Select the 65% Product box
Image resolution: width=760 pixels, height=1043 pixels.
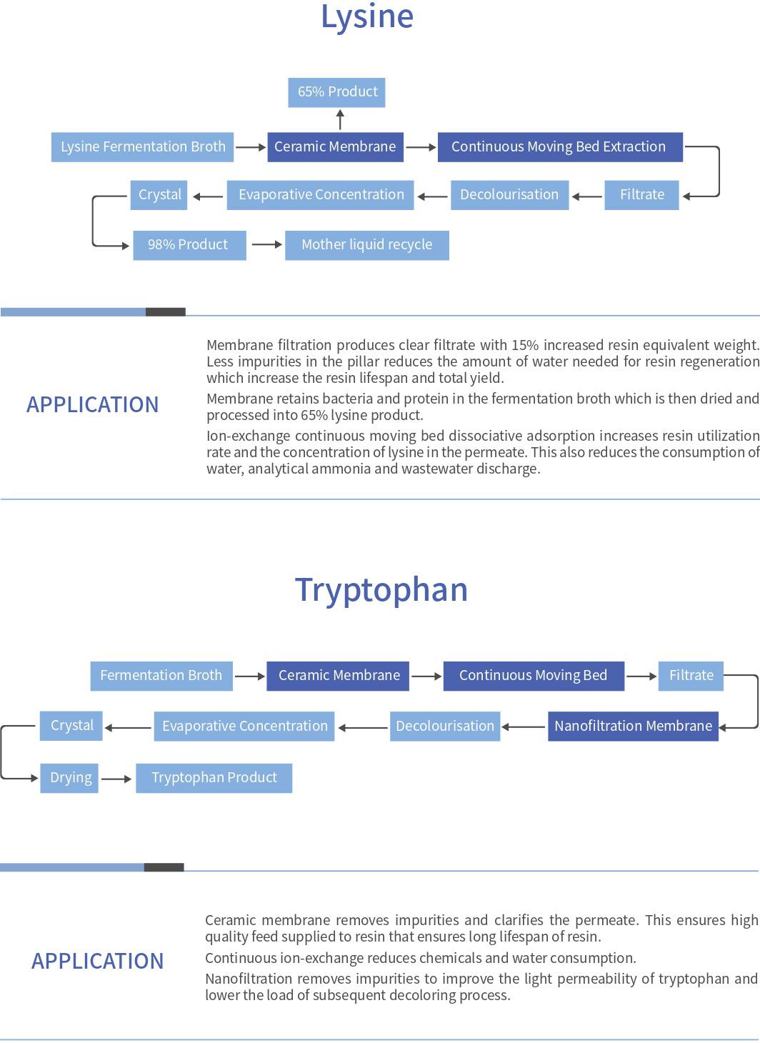(x=336, y=92)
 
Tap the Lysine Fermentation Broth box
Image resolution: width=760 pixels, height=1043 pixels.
(x=143, y=147)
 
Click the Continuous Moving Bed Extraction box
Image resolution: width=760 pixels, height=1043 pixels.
(x=560, y=147)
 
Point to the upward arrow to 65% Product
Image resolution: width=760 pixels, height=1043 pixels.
(x=341, y=119)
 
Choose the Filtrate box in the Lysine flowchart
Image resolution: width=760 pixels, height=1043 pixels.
(x=641, y=195)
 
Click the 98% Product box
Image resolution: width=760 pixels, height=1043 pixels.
(x=189, y=245)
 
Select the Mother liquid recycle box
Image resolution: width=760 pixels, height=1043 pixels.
(x=367, y=245)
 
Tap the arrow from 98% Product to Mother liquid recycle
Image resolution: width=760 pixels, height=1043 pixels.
(x=267, y=244)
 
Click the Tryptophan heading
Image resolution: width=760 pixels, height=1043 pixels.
(x=381, y=591)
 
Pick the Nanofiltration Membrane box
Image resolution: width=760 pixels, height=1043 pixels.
(x=634, y=727)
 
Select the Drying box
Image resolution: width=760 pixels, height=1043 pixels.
(x=69, y=778)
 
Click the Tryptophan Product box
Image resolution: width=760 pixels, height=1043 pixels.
(x=214, y=778)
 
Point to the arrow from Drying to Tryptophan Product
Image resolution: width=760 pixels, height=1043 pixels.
(x=116, y=779)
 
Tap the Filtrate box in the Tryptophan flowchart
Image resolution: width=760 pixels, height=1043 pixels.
(x=691, y=676)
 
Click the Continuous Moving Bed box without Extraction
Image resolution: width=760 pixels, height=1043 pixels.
(x=534, y=676)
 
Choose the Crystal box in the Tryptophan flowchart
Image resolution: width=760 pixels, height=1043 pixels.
(x=71, y=726)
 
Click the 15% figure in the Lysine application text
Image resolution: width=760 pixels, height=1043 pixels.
(x=525, y=345)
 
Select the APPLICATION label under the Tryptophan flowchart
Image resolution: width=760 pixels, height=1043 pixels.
(x=97, y=961)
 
